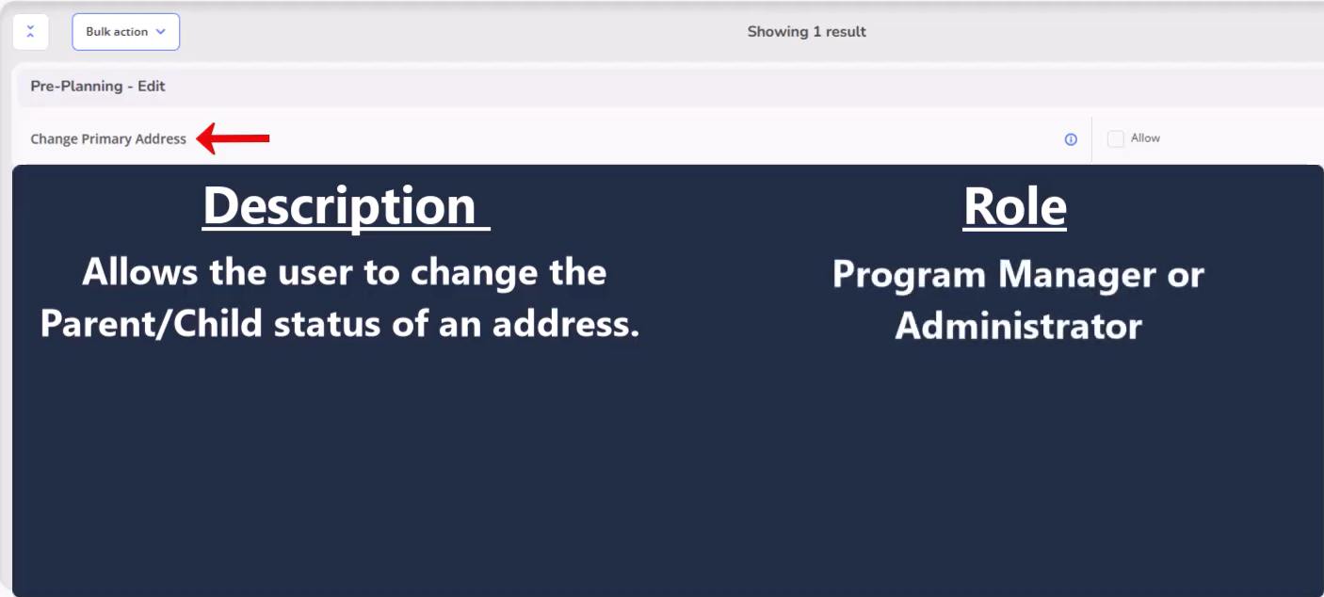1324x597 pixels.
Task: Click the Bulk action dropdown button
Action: [126, 32]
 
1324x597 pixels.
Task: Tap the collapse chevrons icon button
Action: [31, 32]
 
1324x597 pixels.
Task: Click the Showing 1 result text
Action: [806, 32]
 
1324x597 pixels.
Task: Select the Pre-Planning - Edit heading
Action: [98, 87]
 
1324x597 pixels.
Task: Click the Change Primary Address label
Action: [108, 139]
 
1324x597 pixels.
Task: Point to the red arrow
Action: [233, 138]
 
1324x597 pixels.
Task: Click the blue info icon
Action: [1071, 139]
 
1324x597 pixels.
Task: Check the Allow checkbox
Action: [1115, 139]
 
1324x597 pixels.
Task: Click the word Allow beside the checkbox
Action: [1145, 138]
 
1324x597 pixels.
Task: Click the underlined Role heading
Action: [1015, 206]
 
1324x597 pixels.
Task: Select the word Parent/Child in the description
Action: [152, 323]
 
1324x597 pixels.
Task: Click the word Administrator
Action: [1018, 326]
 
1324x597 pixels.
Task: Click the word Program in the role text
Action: [909, 275]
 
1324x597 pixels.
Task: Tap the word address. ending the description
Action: [566, 323]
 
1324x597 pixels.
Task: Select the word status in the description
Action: [327, 324]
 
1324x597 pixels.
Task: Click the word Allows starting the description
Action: [139, 272]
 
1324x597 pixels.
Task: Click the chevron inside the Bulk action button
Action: [161, 32]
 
